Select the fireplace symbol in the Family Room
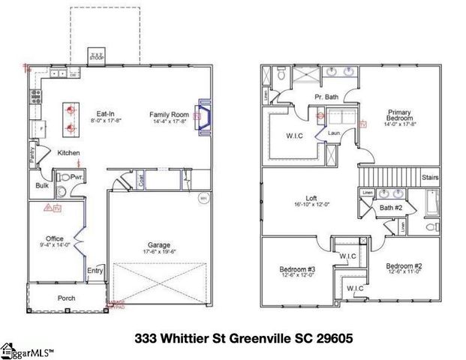pos(203,117)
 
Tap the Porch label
pos(67,298)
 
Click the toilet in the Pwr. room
pos(65,178)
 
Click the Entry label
pos(95,271)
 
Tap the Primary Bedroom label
pos(398,115)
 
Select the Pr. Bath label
pos(326,97)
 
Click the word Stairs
pos(430,178)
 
